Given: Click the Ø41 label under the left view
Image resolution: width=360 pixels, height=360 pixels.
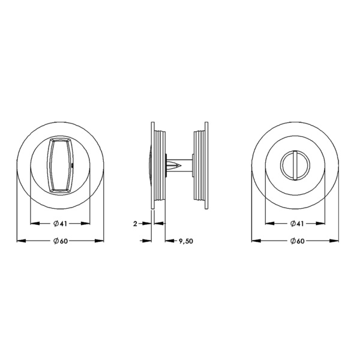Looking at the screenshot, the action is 60,223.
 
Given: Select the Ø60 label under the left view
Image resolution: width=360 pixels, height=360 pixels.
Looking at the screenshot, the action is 61,241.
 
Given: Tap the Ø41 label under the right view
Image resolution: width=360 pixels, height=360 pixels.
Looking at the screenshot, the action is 297,223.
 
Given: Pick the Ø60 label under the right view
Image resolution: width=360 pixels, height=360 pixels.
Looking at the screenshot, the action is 297,241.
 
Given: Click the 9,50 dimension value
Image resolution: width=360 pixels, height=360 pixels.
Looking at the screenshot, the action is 186,241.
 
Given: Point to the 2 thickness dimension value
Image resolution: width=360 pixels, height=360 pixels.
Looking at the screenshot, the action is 135,224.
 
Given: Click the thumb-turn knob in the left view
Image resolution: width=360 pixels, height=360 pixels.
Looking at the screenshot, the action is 60,165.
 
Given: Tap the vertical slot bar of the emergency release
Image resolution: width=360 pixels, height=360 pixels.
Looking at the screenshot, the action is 295,165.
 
